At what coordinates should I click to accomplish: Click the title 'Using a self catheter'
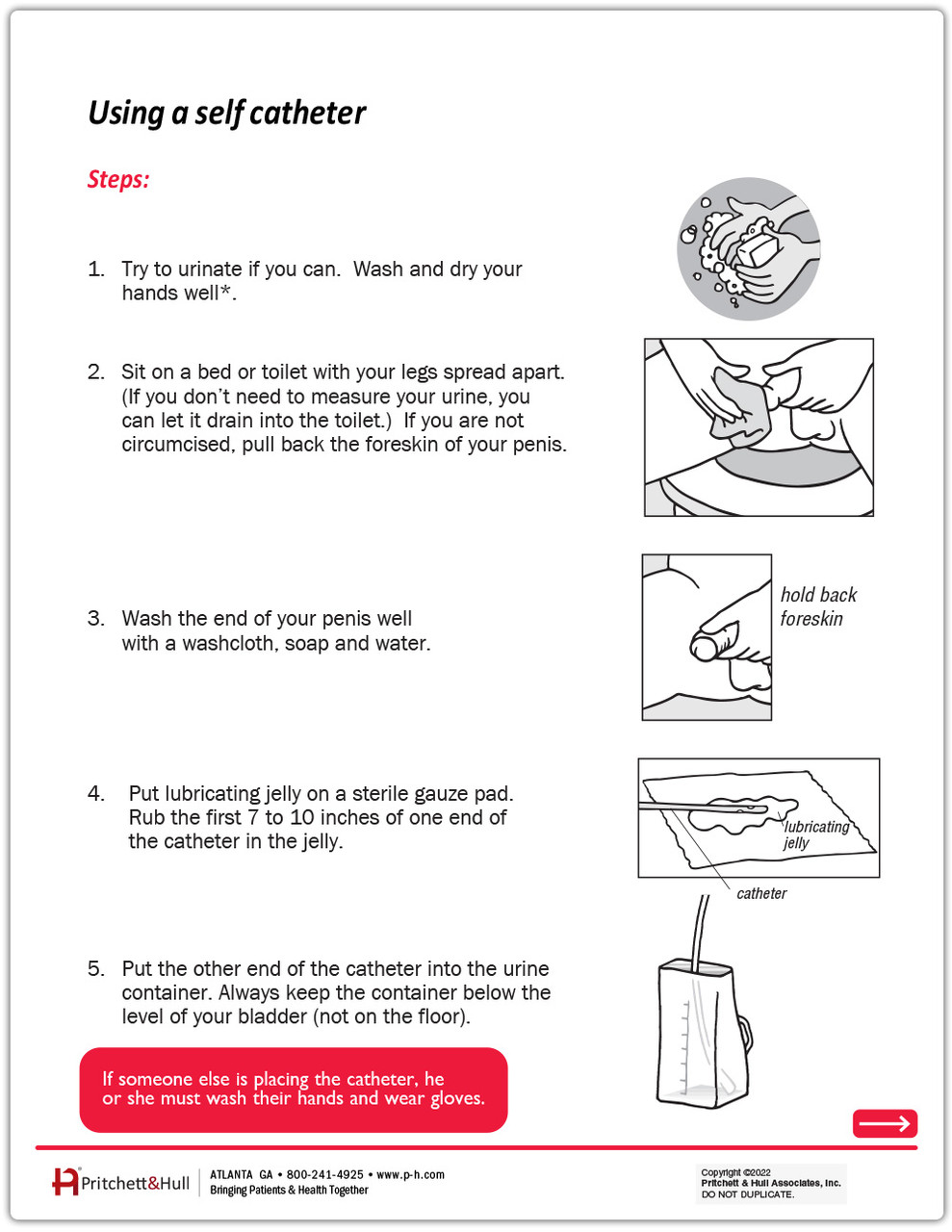click(227, 114)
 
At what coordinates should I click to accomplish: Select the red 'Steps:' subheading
click(118, 180)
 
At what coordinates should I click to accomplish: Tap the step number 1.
click(95, 269)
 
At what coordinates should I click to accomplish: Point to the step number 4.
click(95, 794)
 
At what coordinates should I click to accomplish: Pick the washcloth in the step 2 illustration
click(738, 409)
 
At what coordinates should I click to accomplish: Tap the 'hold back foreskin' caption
click(817, 606)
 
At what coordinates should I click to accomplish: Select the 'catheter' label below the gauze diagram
click(761, 894)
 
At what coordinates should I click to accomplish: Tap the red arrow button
click(885, 1123)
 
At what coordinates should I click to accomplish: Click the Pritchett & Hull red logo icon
click(64, 1182)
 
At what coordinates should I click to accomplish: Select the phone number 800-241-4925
click(325, 1175)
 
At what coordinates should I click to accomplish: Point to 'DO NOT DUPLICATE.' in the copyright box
click(748, 1194)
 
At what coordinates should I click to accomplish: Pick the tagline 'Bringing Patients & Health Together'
click(289, 1191)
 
